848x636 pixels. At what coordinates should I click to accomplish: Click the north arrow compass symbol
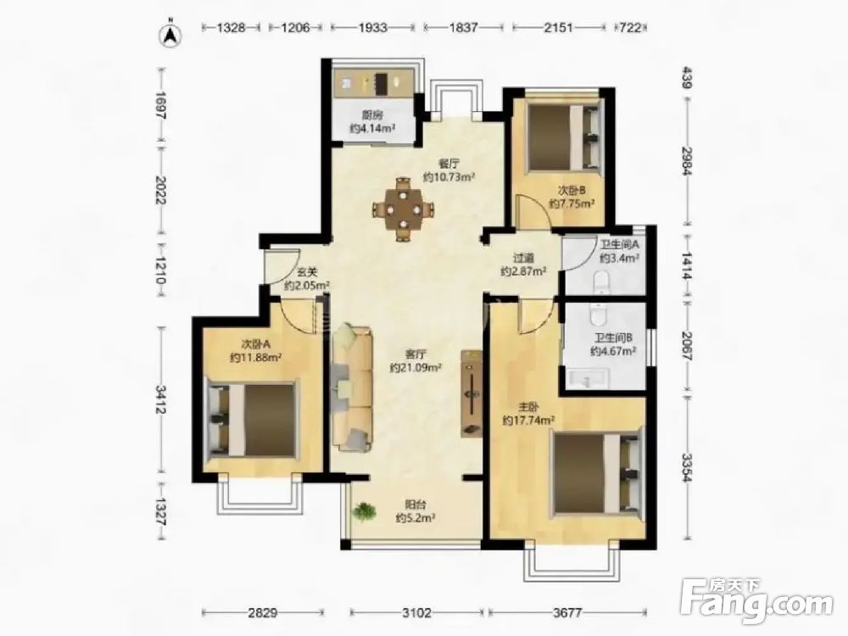coord(170,35)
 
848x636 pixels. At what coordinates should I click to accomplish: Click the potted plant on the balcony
coord(365,511)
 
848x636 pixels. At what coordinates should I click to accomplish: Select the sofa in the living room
coord(352,388)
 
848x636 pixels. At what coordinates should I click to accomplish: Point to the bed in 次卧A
coord(253,420)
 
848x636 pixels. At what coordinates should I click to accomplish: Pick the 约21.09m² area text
coord(416,368)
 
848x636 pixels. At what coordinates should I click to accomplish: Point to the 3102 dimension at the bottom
coord(417,613)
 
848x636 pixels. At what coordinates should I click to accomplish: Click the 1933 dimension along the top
coord(373,27)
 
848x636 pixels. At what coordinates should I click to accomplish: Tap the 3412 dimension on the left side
coord(160,399)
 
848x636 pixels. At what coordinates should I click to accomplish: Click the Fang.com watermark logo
coord(756,600)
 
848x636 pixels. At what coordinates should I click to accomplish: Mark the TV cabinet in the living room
coord(471,393)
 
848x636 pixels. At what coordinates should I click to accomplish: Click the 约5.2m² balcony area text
coord(416,518)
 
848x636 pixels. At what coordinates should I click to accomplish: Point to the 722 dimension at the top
coord(631,27)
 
